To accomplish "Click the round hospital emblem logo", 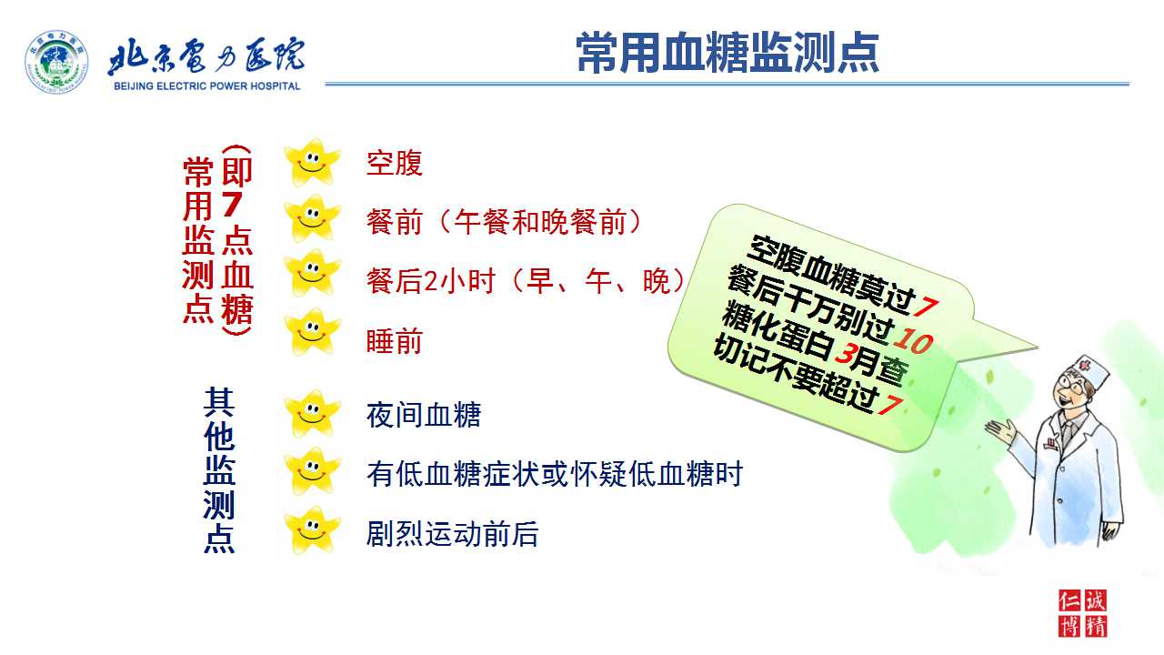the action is click(56, 62).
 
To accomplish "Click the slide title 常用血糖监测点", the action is click(727, 52).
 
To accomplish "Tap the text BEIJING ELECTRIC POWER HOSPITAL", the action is click(206, 86).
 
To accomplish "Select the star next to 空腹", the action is click(312, 163).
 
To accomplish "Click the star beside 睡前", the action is click(312, 332).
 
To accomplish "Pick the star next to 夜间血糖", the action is click(312, 414).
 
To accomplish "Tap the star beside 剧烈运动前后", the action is click(312, 530).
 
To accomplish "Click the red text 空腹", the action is click(394, 163).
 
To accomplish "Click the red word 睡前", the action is click(394, 341).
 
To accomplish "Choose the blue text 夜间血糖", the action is click(424, 415).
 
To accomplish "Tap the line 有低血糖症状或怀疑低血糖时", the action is click(555, 474).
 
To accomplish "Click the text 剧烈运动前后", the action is click(452, 534).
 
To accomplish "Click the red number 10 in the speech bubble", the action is click(913, 341).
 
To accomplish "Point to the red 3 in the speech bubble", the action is click(845, 355).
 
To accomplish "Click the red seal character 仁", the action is click(1069, 601).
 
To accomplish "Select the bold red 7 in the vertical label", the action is click(232, 205).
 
